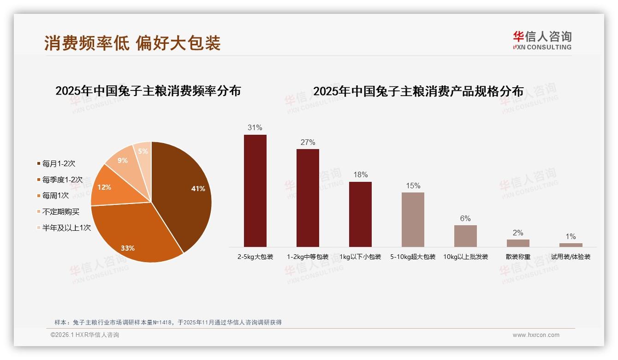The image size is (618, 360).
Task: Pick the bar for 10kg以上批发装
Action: [x=465, y=236]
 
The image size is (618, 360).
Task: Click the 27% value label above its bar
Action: [x=308, y=142]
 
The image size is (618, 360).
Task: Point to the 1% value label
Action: [x=570, y=236]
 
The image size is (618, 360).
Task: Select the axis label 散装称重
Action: [x=518, y=257]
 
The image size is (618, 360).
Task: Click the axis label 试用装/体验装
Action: [x=570, y=257]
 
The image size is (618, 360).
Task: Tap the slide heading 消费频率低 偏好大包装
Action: [x=132, y=43]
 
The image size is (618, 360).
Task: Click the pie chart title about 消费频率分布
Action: [x=148, y=91]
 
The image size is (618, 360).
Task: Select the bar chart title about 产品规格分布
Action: [x=418, y=91]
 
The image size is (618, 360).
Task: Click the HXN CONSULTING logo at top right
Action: [x=542, y=41]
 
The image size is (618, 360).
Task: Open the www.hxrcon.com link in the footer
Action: [x=536, y=335]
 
